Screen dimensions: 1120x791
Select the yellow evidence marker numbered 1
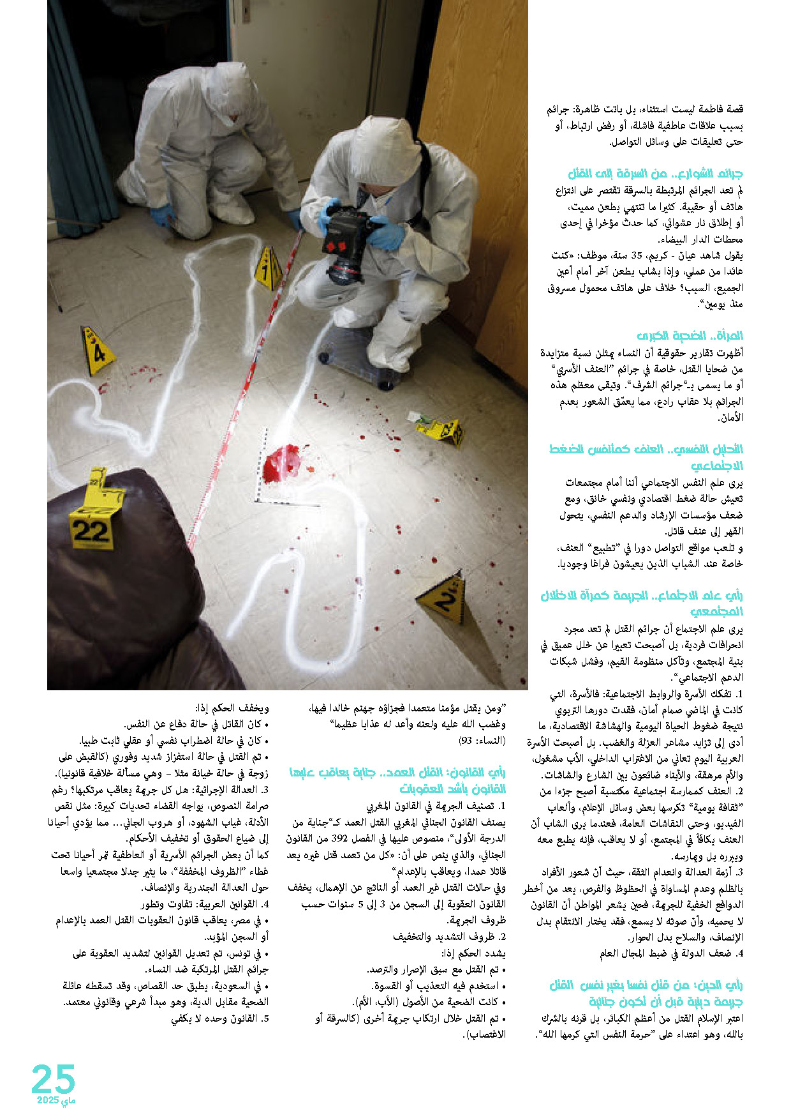tap(267, 269)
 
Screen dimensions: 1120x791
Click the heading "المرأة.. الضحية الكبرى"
tap(690, 336)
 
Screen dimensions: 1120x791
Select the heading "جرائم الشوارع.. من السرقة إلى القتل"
tap(655, 174)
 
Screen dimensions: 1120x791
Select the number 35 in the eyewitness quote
tap(634, 255)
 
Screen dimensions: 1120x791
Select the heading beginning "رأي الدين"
tap(646, 993)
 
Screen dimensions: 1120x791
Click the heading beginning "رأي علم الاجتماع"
tap(642, 603)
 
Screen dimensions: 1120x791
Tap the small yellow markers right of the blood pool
tap(445, 431)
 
